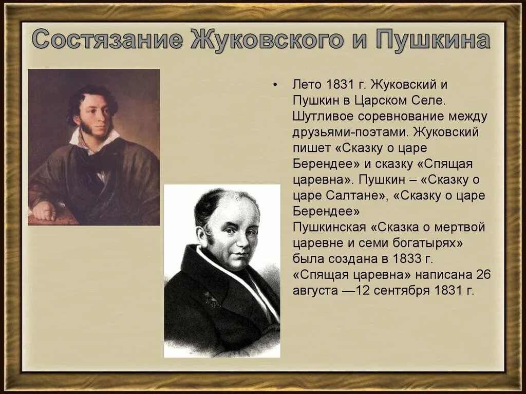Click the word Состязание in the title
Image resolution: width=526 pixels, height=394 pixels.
pyautogui.click(x=105, y=40)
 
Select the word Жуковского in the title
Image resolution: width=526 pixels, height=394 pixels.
pyautogui.click(x=264, y=40)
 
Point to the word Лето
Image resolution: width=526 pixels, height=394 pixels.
pyautogui.click(x=307, y=84)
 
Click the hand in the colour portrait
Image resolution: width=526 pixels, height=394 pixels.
pyautogui.click(x=45, y=210)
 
